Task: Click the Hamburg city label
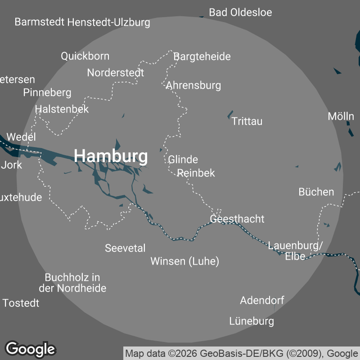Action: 111,156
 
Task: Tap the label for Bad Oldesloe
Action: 241,12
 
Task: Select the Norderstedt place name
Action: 116,72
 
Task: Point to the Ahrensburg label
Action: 193,85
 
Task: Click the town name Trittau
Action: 247,121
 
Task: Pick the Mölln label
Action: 341,117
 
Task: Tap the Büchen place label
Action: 316,192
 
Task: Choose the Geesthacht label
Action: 237,219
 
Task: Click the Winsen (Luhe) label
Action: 184,261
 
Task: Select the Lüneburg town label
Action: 252,321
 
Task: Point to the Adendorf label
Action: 262,300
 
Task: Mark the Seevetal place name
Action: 125,248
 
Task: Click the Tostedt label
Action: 21,303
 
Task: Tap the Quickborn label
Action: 85,56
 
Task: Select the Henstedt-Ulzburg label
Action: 108,22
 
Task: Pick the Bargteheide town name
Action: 202,56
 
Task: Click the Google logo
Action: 31,349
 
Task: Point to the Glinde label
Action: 183,159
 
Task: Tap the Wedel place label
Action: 22,137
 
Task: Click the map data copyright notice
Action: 242,353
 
